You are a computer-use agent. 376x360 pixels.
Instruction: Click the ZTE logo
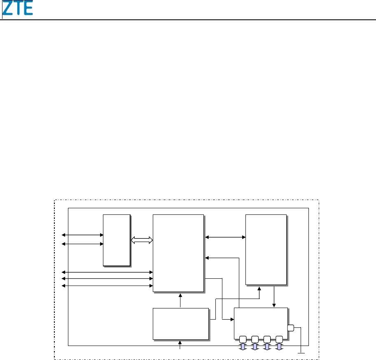[x=19, y=9]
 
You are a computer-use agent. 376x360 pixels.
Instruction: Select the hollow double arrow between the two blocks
[x=142, y=240]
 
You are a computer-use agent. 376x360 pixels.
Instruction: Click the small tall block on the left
[x=117, y=240]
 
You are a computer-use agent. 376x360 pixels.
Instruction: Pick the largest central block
[x=178, y=253]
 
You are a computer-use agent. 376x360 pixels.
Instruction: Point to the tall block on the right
[x=266, y=249]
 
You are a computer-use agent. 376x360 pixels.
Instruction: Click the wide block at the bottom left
[x=181, y=323]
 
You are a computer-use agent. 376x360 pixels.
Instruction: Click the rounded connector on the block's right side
[x=291, y=328]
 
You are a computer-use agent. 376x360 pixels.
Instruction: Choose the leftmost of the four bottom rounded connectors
[x=243, y=339]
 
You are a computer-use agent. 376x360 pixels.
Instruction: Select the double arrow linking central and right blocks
[x=225, y=237]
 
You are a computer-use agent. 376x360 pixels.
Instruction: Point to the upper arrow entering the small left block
[x=82, y=235]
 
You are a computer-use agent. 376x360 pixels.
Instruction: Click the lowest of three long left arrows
[x=107, y=285]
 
